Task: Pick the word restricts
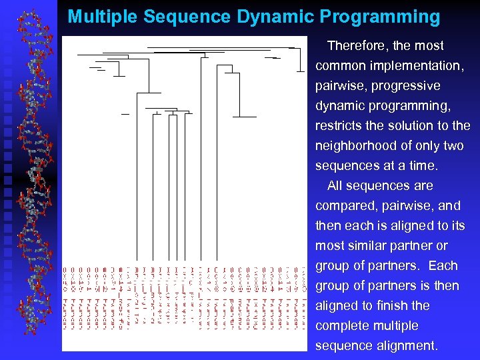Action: (339, 126)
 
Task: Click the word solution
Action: (411, 126)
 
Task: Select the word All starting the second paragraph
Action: (336, 186)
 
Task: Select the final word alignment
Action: (406, 346)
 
